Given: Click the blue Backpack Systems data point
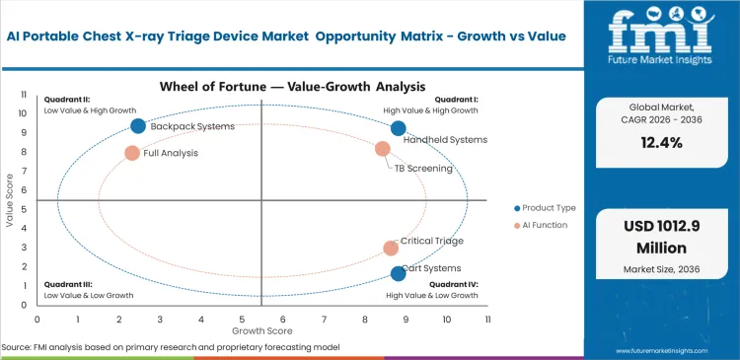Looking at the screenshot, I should [138, 126].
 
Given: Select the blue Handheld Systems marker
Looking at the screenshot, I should [399, 128].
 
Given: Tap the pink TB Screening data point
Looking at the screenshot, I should [383, 149].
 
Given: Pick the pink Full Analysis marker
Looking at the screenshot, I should [132, 153].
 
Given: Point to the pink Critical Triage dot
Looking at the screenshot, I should [391, 249].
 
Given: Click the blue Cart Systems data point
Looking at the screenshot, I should [399, 273].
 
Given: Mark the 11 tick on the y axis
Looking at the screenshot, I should [26, 95].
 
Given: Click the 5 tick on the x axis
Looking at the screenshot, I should [242, 320].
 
